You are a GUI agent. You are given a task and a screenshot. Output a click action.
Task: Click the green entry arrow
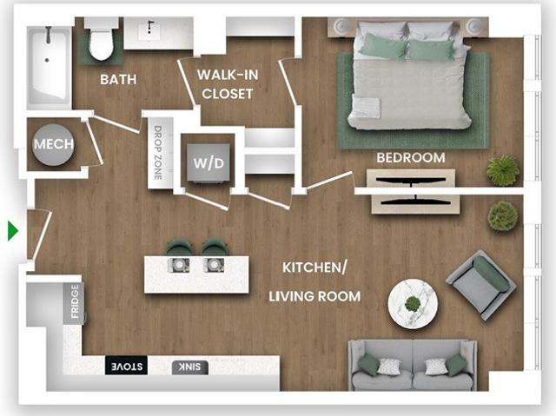click(13, 231)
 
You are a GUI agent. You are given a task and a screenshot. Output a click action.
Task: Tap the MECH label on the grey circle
click(54, 144)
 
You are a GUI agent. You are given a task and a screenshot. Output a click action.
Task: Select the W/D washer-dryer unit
click(208, 163)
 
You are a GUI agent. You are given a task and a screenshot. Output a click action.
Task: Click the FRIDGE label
click(75, 301)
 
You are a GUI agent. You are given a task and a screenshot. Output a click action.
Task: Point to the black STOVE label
click(127, 366)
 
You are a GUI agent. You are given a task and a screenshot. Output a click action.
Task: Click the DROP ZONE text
click(158, 153)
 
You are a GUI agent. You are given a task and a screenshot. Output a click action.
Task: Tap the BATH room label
click(118, 79)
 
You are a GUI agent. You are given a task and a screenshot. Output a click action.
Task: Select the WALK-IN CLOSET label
click(228, 84)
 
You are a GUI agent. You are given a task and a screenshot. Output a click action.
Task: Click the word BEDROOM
click(411, 158)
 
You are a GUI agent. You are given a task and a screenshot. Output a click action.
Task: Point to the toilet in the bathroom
click(101, 39)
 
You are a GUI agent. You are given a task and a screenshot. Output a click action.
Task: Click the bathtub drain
click(47, 60)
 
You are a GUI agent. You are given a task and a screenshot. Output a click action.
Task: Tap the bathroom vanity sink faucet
click(150, 27)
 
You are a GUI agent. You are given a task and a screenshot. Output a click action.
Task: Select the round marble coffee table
click(413, 304)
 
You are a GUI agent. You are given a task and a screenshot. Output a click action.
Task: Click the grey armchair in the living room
click(480, 285)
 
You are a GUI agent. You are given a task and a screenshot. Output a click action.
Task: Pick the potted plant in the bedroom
click(503, 170)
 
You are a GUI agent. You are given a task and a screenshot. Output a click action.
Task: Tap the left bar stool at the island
click(180, 248)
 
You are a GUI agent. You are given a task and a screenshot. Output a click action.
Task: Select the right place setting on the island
click(214, 265)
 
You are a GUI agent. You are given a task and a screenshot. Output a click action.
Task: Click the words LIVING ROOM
click(314, 296)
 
